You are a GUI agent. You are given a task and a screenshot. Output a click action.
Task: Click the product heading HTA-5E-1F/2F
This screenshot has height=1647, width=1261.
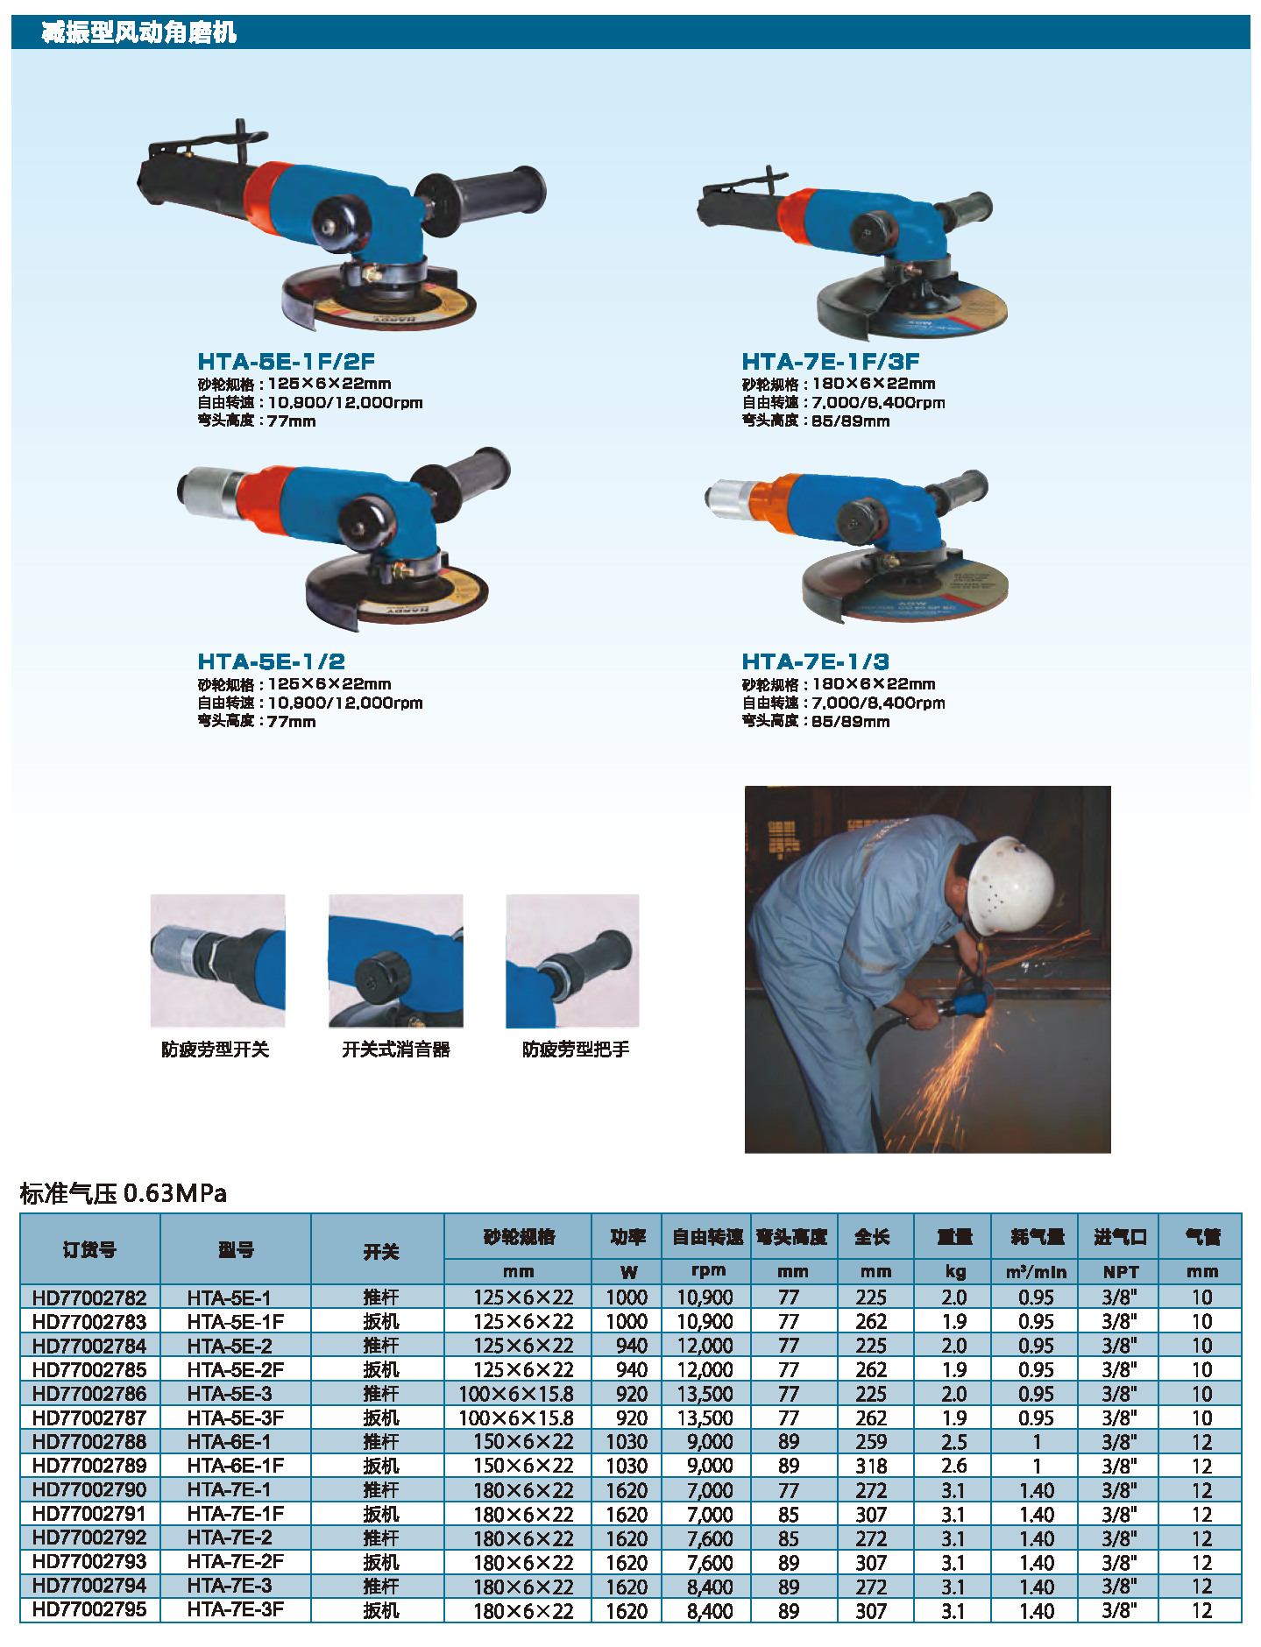click(x=286, y=362)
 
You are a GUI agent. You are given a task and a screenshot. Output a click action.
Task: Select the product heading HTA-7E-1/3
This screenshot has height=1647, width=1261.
click(x=815, y=661)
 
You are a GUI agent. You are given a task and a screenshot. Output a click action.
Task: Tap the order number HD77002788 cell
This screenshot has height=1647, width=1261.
click(x=89, y=1441)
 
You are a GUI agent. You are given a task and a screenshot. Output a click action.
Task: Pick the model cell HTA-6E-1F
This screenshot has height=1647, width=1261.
click(x=236, y=1465)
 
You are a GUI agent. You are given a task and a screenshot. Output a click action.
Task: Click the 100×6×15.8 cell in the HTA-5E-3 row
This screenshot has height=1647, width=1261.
click(x=516, y=1393)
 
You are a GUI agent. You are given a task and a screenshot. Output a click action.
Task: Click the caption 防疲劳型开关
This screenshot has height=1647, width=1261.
click(x=215, y=1049)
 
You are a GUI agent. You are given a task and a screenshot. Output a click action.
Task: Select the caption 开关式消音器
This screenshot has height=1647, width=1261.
click(x=395, y=1049)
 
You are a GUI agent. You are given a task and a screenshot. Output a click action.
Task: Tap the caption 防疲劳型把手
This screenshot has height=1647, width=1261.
click(x=576, y=1049)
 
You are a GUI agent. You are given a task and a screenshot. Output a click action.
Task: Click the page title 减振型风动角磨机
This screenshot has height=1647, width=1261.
click(x=139, y=32)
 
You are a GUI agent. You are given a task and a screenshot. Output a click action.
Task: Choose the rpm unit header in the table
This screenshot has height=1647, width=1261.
click(x=708, y=1270)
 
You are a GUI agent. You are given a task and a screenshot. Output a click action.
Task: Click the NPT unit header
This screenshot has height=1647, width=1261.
click(x=1120, y=1271)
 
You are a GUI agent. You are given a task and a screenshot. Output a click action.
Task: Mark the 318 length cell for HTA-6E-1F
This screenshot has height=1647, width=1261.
click(x=871, y=1466)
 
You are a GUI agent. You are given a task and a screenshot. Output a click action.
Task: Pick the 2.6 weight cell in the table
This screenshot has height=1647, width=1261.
click(x=953, y=1466)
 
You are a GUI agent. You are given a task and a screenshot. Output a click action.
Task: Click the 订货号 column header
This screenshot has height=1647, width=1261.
click(x=89, y=1249)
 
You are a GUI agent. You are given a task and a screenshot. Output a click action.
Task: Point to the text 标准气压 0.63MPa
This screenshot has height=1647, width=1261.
click(x=123, y=1192)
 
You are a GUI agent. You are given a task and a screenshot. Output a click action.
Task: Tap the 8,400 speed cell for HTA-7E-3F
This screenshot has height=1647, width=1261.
click(x=709, y=1610)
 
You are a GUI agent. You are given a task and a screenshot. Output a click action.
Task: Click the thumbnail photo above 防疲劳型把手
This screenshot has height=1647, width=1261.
click(x=572, y=960)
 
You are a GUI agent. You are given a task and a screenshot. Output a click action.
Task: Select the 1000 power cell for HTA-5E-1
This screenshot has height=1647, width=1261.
click(x=627, y=1297)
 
